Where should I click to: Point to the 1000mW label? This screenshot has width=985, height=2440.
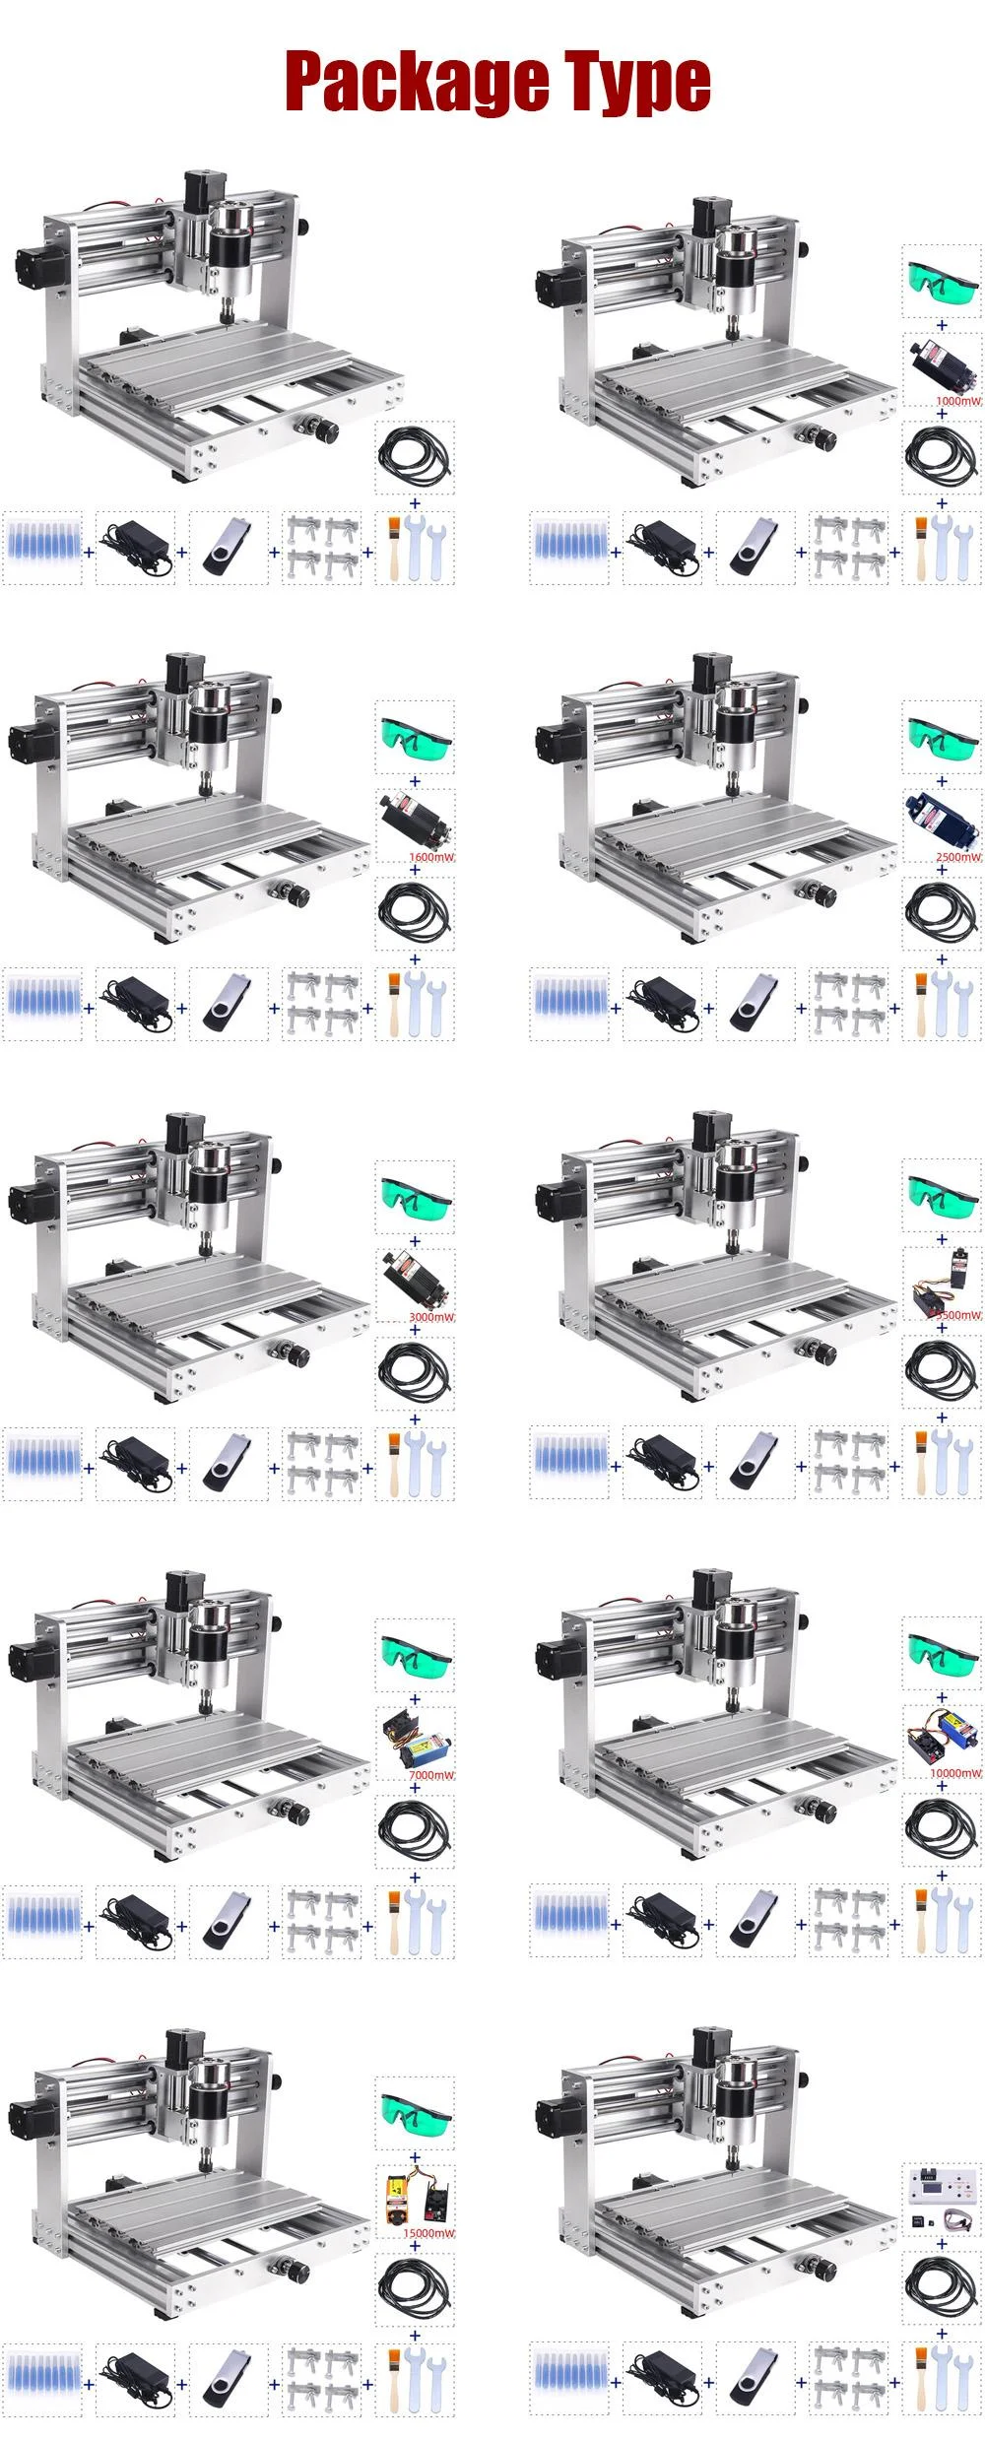tap(958, 402)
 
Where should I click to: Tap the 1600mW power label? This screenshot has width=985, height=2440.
tap(431, 857)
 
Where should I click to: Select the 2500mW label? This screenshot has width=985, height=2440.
tap(958, 857)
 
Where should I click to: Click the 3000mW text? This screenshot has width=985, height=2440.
tap(431, 1317)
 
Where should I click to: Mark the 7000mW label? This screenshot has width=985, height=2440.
tap(431, 1775)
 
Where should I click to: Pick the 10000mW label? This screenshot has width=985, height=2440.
tap(955, 1773)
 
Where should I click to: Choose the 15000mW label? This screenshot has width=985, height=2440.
tap(429, 2233)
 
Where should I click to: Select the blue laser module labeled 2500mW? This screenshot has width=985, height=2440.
tap(940, 817)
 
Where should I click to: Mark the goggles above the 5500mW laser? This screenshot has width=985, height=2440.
tap(942, 1196)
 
